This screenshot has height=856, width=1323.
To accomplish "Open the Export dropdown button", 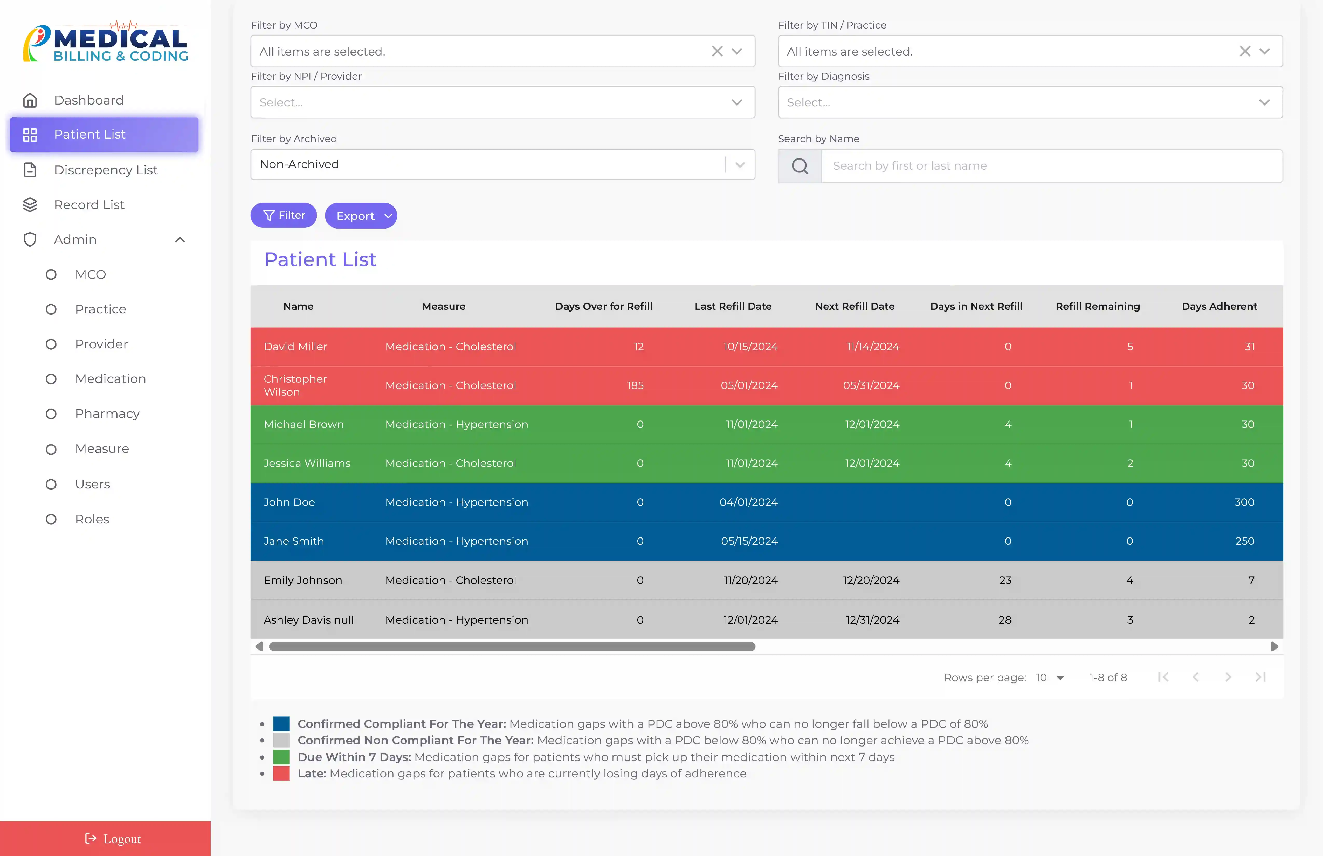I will (x=361, y=216).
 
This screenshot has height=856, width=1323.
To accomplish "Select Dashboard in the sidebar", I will (x=88, y=100).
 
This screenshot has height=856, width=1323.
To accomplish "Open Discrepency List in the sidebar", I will (x=106, y=170).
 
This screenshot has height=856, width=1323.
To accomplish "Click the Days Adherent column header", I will (x=1219, y=306).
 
